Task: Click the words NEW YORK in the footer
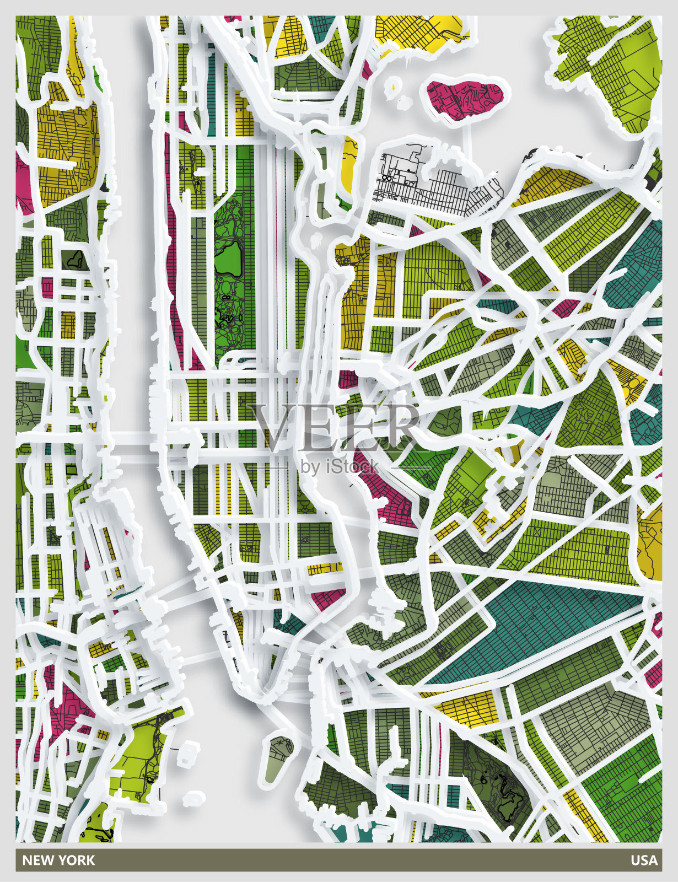[x=58, y=860]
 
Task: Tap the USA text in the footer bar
[x=644, y=860]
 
